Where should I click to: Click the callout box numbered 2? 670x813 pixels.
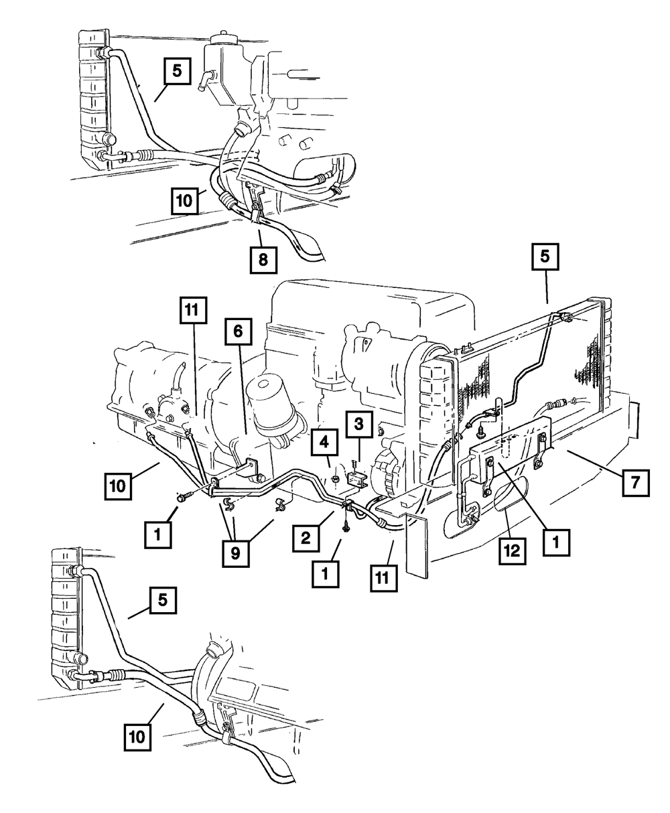coord(305,536)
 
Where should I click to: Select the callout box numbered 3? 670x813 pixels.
coord(359,424)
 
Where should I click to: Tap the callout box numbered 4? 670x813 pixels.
coord(324,442)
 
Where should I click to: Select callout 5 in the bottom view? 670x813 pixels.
coord(163,600)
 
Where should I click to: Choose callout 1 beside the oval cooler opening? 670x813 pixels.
coord(556,539)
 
